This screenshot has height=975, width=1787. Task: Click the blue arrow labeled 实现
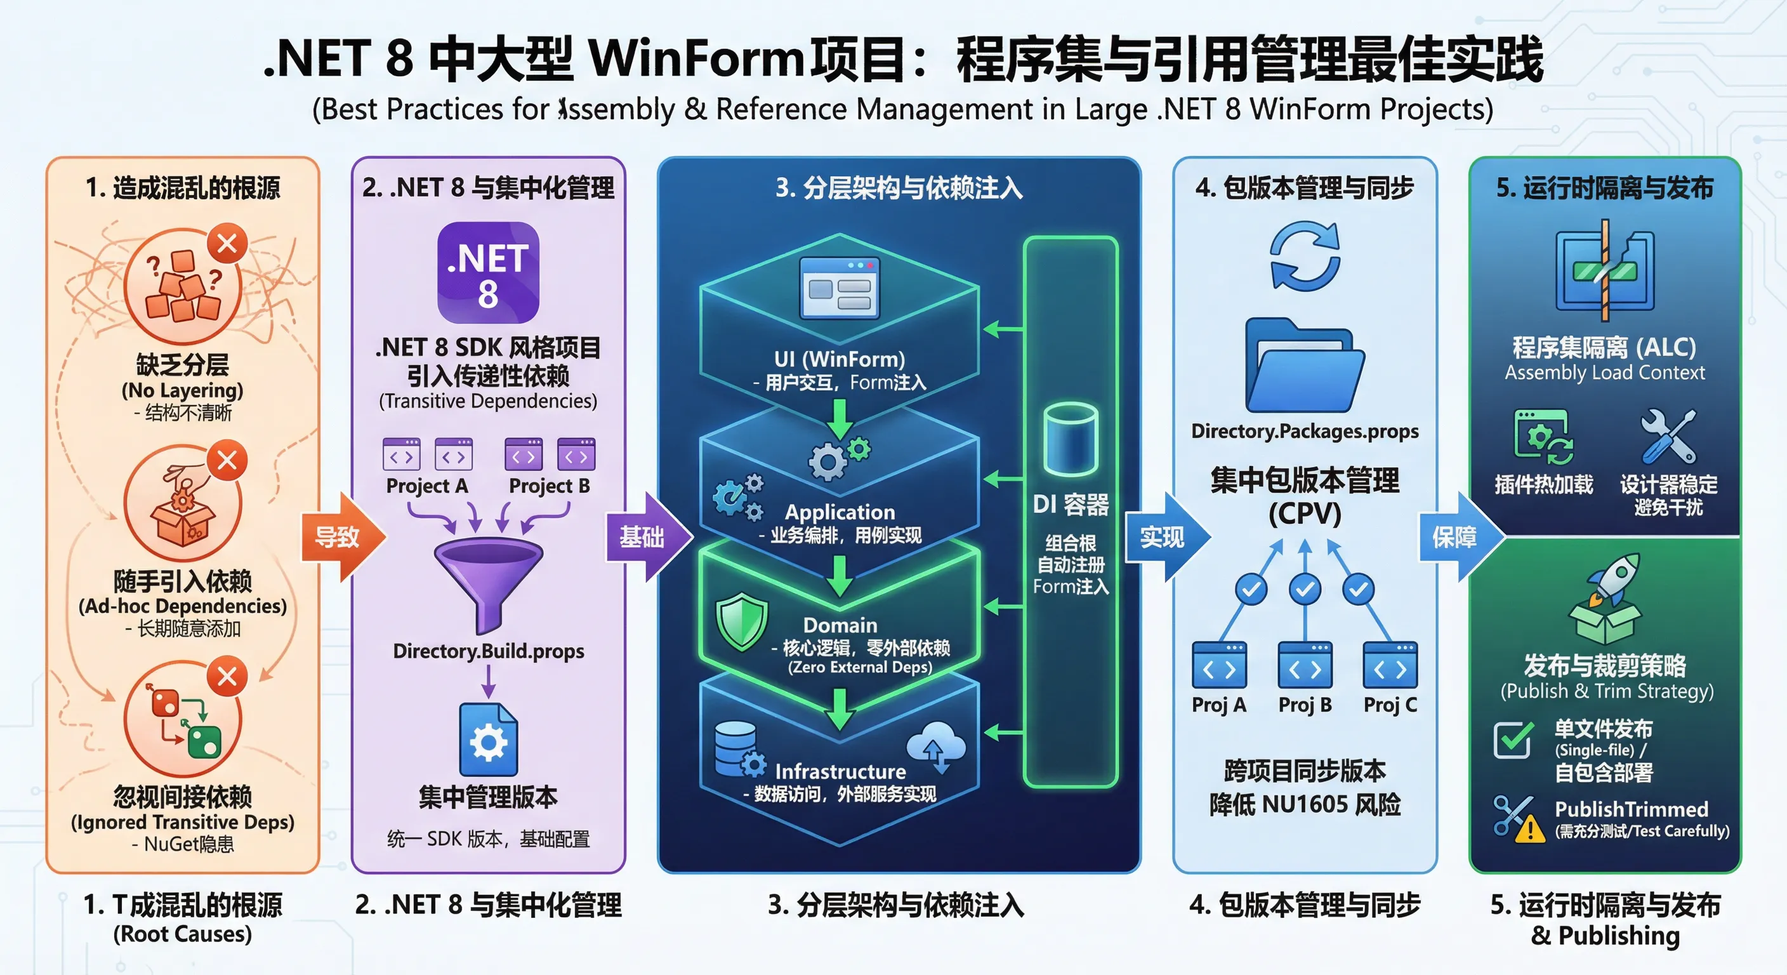tap(1166, 536)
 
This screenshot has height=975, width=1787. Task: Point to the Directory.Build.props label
tap(489, 651)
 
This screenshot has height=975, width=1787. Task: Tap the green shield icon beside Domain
tap(742, 621)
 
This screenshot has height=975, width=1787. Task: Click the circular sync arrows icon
tap(1305, 256)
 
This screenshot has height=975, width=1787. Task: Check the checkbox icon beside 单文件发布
tap(1513, 740)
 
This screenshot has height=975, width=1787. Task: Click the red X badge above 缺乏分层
tap(227, 244)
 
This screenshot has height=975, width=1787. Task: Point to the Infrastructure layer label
tap(840, 772)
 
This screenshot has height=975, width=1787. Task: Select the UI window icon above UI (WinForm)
tap(839, 288)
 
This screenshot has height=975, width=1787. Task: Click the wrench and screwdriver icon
tap(1668, 437)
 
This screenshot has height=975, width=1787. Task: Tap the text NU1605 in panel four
tap(1305, 804)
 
